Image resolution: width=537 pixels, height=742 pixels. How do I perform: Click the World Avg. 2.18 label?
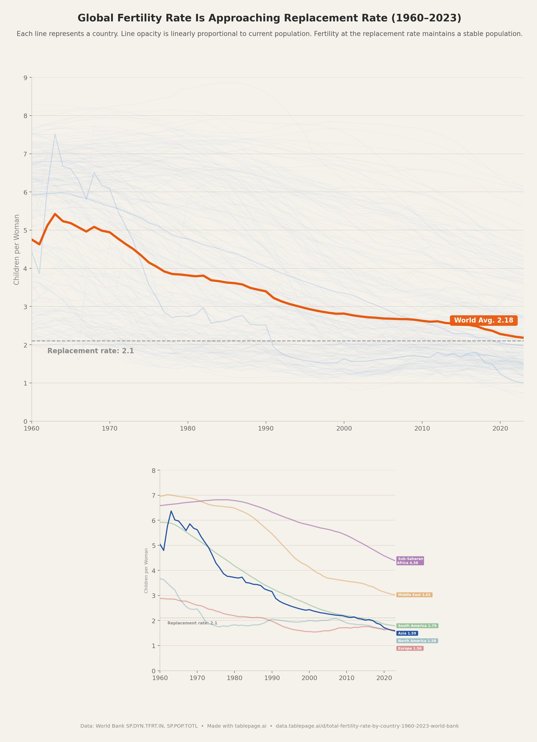[x=483, y=320]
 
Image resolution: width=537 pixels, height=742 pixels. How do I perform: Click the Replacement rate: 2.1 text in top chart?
[x=90, y=351]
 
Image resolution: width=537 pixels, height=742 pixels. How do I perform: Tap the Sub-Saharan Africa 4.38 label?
[x=410, y=561]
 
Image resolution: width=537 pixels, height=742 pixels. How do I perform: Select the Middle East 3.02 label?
[x=414, y=595]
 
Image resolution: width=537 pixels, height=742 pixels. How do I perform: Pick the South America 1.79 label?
[x=417, y=625]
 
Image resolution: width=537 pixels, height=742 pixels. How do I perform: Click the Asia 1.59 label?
[x=407, y=633]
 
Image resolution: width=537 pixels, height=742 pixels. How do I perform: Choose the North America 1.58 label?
[x=417, y=641]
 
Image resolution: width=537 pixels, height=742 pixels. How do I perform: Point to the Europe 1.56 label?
[x=410, y=648]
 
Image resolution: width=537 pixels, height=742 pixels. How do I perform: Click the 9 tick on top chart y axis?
[x=25, y=78]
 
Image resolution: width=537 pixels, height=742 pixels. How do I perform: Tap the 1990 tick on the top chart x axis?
[x=266, y=429]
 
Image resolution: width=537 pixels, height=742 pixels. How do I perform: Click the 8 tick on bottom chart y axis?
[x=153, y=471]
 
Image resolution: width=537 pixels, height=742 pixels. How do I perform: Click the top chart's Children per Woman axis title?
[x=17, y=249]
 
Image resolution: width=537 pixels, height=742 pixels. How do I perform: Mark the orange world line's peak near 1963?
[x=55, y=214]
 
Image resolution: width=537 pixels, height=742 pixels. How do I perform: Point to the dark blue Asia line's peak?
[x=171, y=511]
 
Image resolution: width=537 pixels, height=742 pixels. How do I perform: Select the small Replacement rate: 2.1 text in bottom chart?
[x=192, y=623]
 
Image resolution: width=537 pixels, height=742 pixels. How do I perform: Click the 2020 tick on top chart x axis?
[x=500, y=429]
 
